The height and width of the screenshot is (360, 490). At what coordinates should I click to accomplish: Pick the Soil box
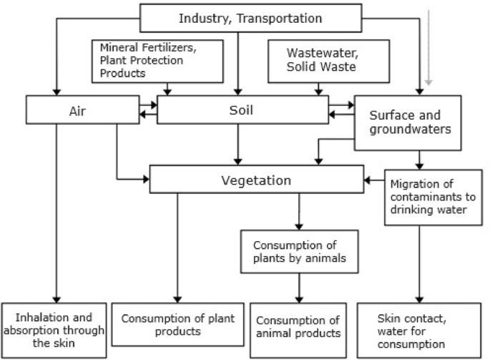(241, 111)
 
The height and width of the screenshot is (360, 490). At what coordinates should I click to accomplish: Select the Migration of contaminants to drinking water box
(428, 195)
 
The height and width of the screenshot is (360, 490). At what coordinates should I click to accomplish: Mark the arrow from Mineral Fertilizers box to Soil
(167, 88)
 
